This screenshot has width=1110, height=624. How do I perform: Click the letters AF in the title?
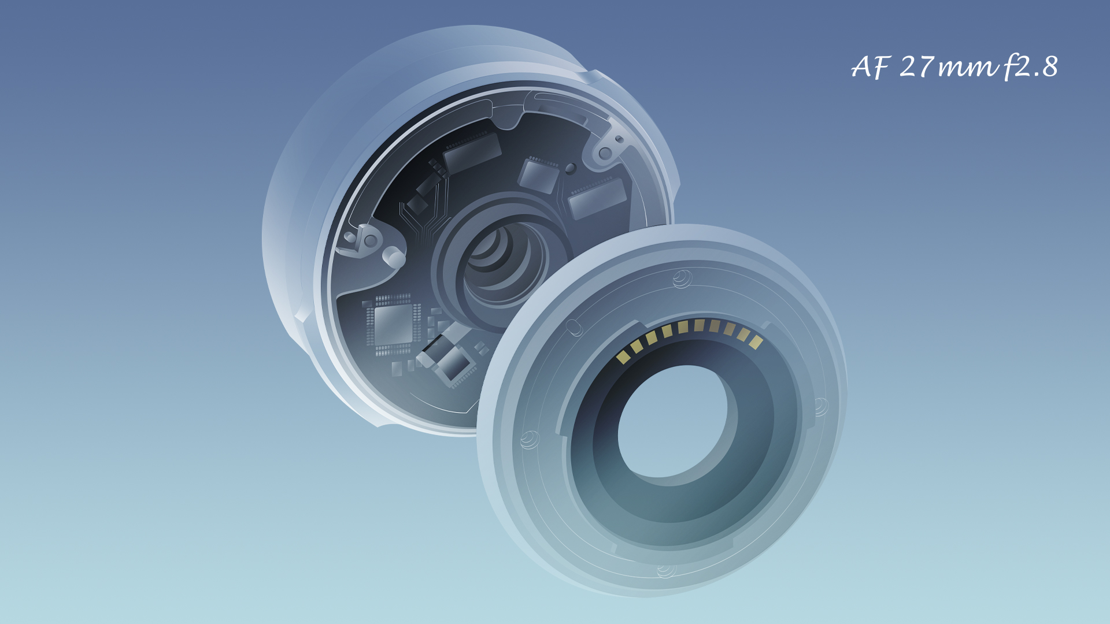click(x=870, y=67)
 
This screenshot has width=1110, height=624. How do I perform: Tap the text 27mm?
click(x=949, y=67)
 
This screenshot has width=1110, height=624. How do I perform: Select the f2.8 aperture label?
click(x=1031, y=67)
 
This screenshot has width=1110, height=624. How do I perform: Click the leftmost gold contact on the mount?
click(x=622, y=357)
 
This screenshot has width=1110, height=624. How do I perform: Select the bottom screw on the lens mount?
click(x=665, y=571)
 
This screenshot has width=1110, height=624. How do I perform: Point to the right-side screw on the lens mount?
click(x=821, y=407)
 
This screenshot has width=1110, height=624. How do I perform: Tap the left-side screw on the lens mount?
click(x=528, y=440)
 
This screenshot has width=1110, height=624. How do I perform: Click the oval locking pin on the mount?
click(x=574, y=328)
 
